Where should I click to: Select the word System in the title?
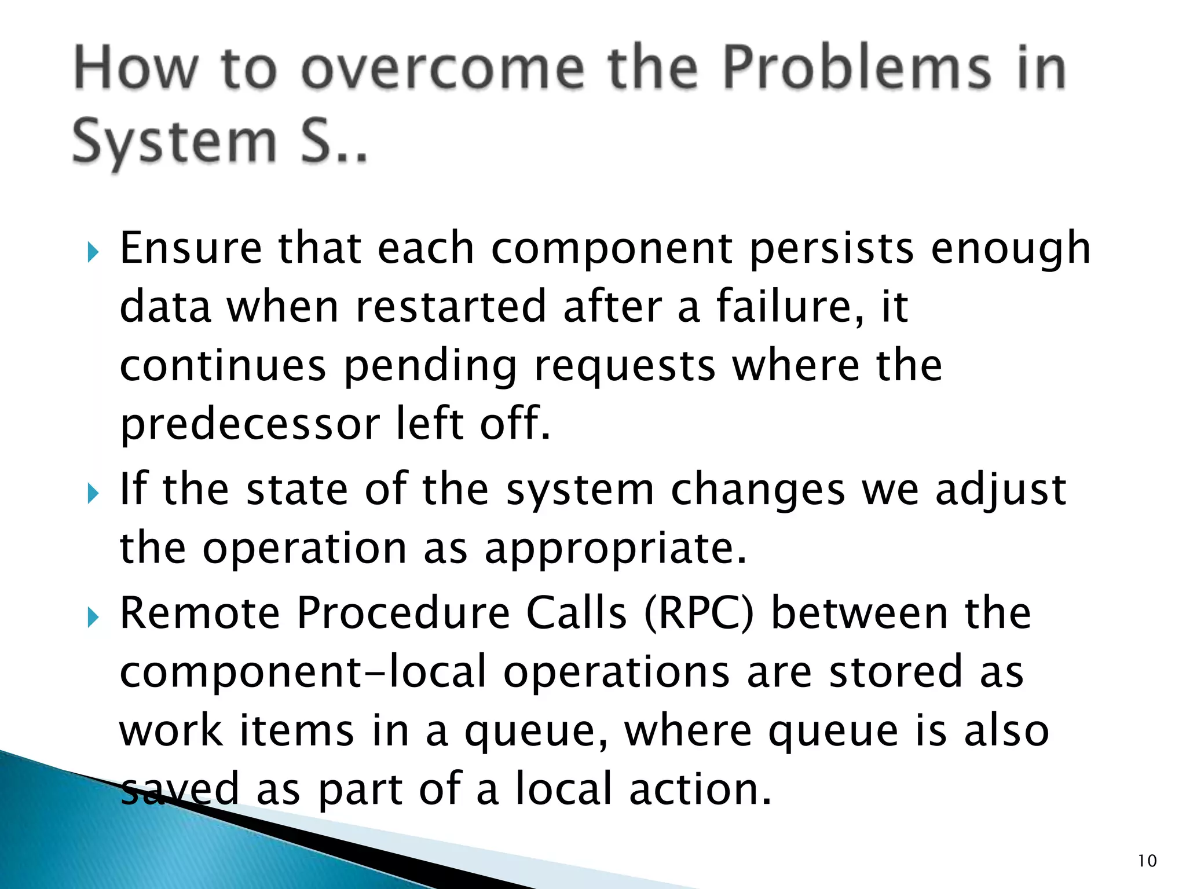point(175,142)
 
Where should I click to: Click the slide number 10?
point(1147,861)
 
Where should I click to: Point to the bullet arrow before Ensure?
point(93,252)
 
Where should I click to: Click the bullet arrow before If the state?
point(93,494)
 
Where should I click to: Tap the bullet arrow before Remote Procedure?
point(93,618)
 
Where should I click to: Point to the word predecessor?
point(249,424)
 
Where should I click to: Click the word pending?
point(430,366)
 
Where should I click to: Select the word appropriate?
point(615,549)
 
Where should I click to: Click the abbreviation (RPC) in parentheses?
point(699,614)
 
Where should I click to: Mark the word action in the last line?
point(700,789)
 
